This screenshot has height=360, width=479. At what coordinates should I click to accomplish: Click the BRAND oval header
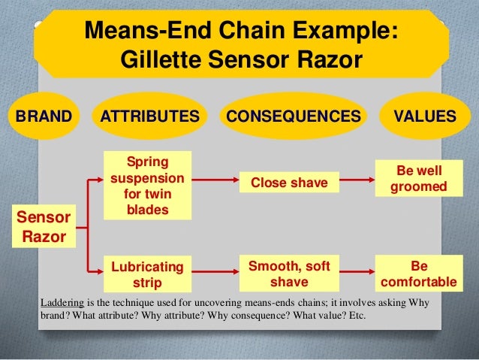pyautogui.click(x=42, y=116)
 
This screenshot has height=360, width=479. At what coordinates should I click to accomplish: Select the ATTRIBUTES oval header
pyautogui.click(x=150, y=116)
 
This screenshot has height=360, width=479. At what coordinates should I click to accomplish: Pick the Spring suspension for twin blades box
pyautogui.click(x=147, y=186)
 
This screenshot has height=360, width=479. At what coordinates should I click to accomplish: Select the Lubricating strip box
pyautogui.click(x=147, y=274)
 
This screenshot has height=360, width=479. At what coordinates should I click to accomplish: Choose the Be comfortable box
pyautogui.click(x=419, y=274)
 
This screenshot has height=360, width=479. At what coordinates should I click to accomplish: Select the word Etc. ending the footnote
pyautogui.click(x=355, y=315)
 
